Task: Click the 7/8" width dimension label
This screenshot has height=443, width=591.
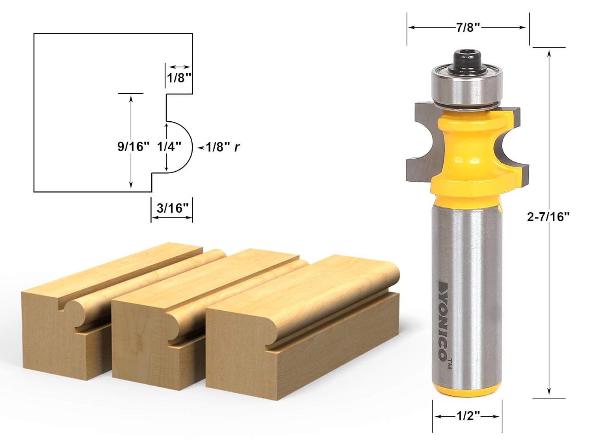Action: point(468,28)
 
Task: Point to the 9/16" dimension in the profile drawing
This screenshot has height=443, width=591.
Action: point(133,146)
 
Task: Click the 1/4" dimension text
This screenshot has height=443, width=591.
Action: point(169,146)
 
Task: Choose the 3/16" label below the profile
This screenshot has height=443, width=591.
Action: point(173,208)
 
